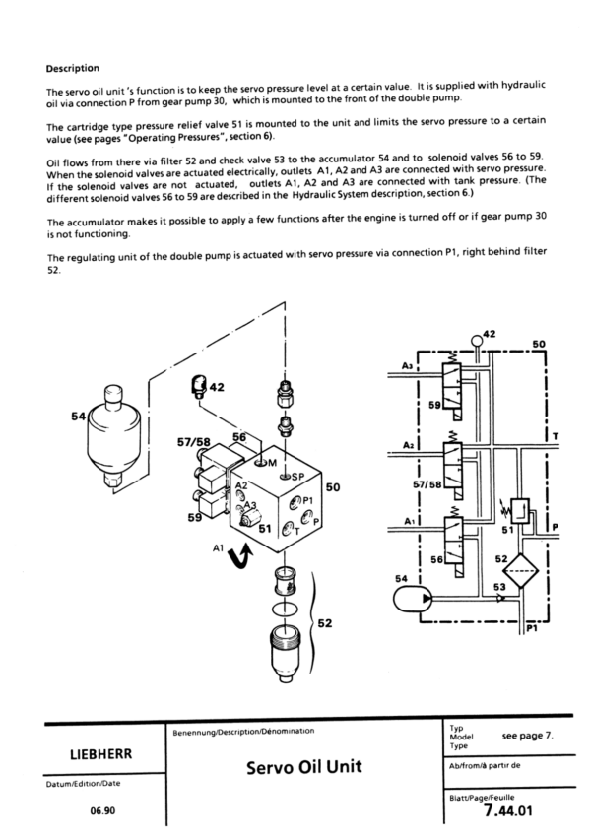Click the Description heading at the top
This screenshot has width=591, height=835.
coord(73,69)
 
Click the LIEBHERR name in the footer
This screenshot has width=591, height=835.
coord(100,754)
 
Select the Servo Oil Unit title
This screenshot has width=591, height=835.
coord(303,767)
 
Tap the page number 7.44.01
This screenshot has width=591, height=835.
coord(508,810)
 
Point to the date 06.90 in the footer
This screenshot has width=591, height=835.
coord(102,811)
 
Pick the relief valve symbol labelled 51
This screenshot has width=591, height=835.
coord(519,512)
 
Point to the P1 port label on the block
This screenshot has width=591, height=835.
coord(307,500)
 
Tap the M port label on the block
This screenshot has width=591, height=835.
coord(272,464)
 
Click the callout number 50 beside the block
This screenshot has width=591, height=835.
coord(333,487)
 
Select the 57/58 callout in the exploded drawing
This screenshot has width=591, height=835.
coord(193,442)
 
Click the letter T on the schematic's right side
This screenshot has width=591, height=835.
coord(556,436)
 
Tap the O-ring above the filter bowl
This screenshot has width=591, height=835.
coord(285,609)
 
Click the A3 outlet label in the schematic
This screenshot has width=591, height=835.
coord(407,366)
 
